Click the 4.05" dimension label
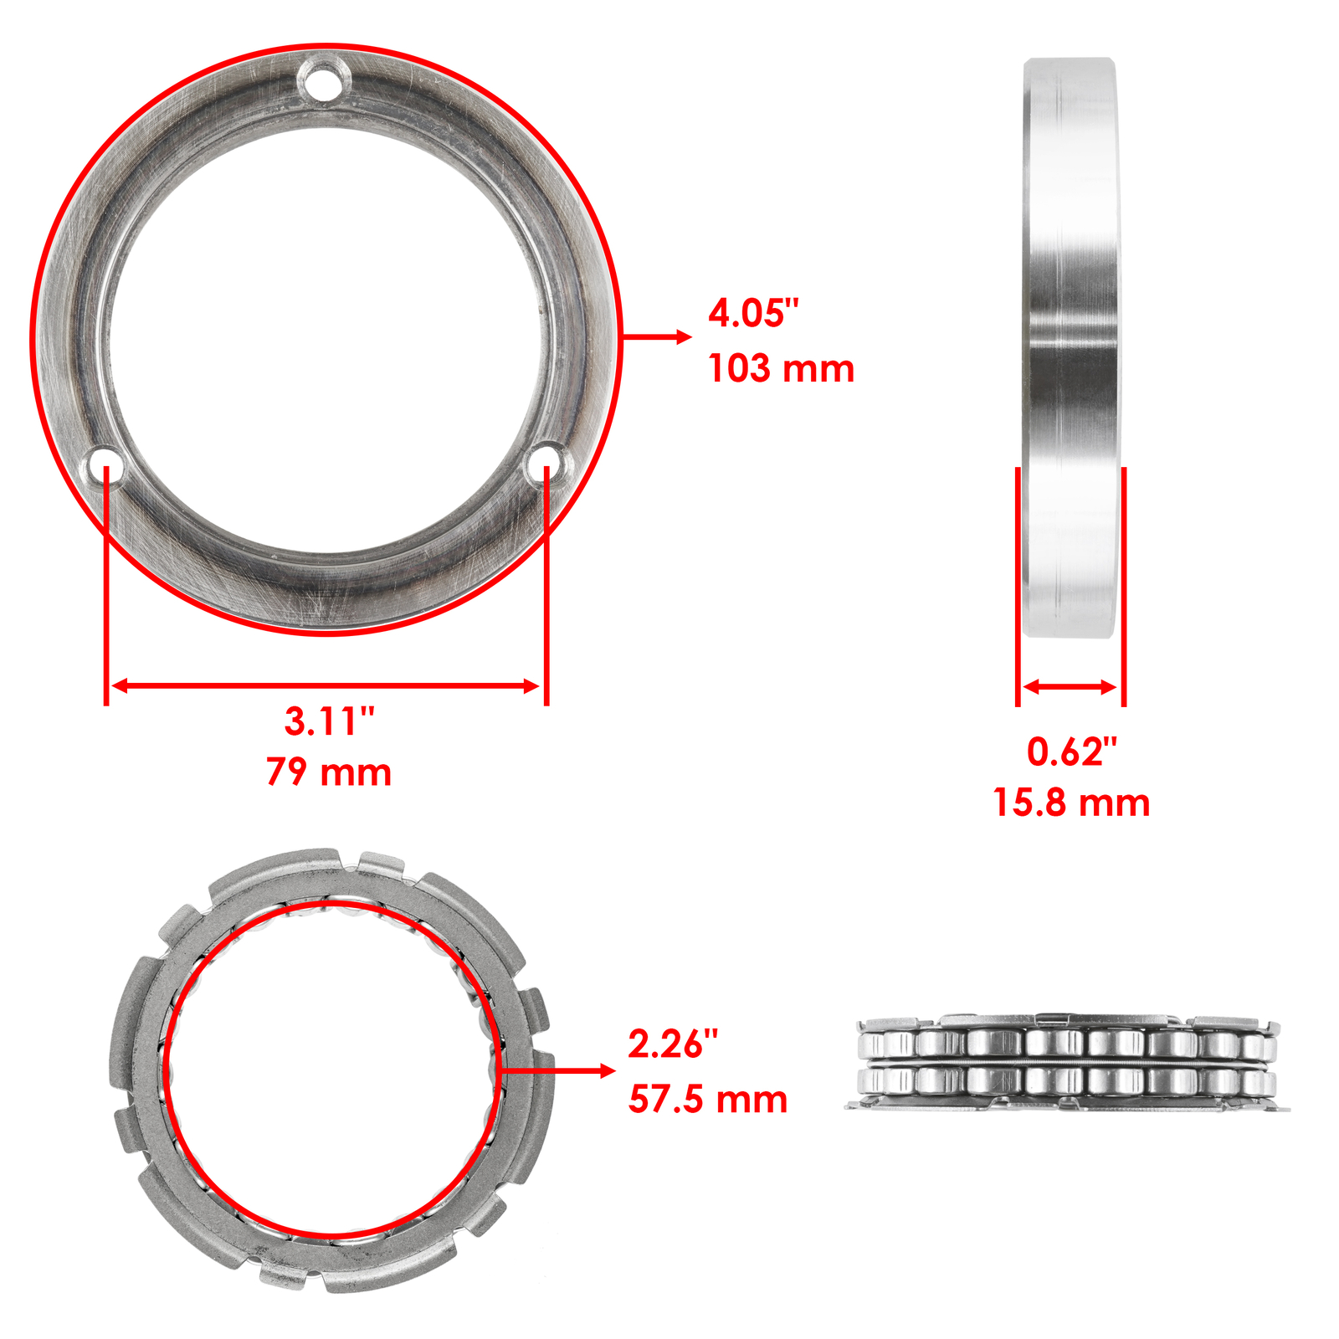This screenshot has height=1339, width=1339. tap(753, 314)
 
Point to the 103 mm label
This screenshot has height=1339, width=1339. tap(781, 369)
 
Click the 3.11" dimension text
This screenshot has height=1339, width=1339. tap(329, 721)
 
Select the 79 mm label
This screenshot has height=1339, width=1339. tap(329, 772)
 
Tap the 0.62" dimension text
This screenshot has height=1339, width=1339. tap(1071, 752)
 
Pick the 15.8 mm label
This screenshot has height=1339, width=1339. tap(1071, 803)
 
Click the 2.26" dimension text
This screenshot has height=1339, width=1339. tap(673, 1044)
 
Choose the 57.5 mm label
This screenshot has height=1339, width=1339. tap(708, 1100)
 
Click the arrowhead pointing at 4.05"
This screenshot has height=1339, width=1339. tap(684, 336)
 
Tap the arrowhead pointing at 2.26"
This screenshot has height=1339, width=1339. tap(607, 1071)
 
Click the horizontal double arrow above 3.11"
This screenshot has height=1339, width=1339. tap(326, 686)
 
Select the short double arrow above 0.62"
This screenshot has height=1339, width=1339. tap(1070, 687)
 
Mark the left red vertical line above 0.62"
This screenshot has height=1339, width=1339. tap(1018, 586)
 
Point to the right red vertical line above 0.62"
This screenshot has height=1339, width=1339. tap(1123, 586)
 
